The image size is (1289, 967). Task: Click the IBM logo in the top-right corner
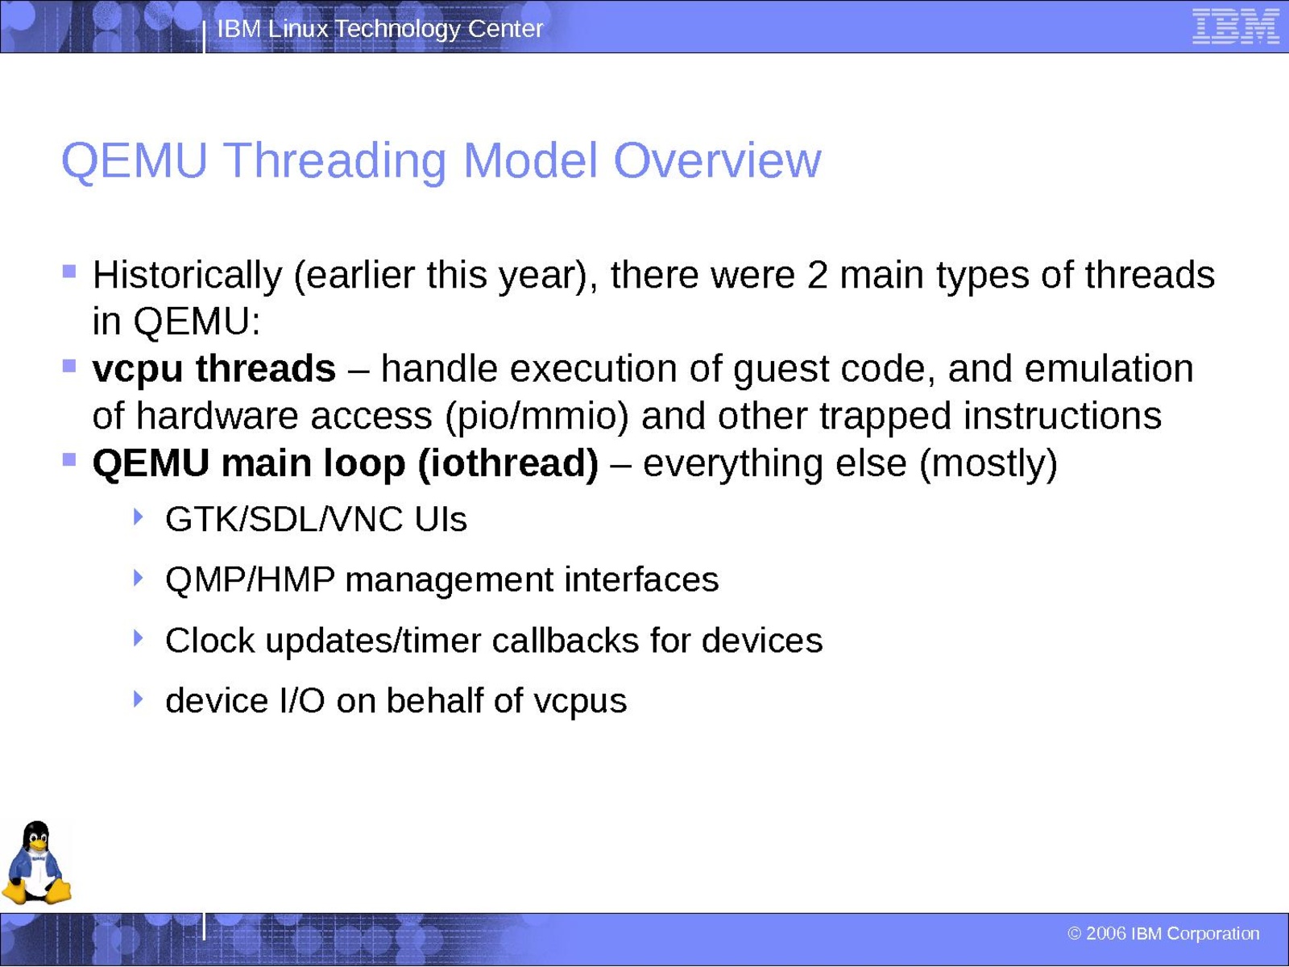(1236, 27)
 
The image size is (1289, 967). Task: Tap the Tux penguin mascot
(36, 862)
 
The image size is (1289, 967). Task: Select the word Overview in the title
(717, 160)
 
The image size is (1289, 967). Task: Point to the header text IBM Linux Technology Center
(380, 29)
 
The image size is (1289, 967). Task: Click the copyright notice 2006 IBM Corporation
(1163, 933)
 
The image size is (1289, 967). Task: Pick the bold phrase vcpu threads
(213, 370)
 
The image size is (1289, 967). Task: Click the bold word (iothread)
(508, 464)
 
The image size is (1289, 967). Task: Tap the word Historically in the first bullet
(188, 276)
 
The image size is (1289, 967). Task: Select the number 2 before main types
(817, 275)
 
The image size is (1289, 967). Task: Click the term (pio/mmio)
(537, 417)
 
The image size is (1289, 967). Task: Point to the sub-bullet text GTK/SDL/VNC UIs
(316, 520)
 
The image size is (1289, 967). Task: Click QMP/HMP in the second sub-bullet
(251, 580)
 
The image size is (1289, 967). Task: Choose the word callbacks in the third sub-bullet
(565, 640)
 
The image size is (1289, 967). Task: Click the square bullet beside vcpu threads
(69, 366)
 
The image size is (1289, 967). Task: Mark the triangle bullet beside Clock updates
(138, 638)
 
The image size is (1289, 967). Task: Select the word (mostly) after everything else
(989, 464)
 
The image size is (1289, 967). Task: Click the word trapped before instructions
(885, 417)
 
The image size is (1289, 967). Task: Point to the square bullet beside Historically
(69, 272)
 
